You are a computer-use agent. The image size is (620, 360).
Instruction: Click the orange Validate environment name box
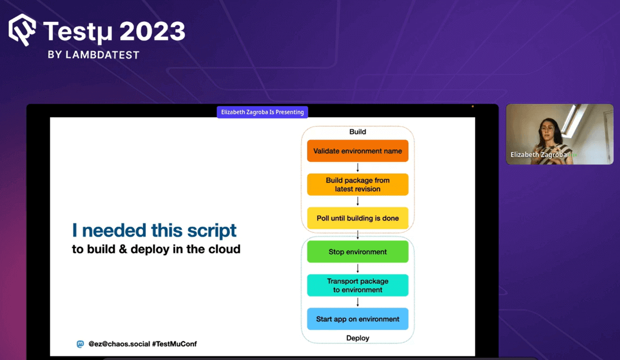click(x=357, y=151)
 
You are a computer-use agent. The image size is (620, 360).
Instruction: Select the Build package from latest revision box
click(x=357, y=184)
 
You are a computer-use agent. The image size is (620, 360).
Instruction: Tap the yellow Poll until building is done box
click(x=357, y=218)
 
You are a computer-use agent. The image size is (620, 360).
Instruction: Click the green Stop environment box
click(x=357, y=252)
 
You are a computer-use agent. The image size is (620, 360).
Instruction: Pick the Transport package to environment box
click(x=357, y=285)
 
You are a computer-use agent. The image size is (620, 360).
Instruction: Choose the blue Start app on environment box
click(x=357, y=319)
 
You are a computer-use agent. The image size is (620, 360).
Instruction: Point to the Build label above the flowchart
click(x=357, y=132)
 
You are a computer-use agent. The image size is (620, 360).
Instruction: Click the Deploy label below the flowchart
click(x=357, y=338)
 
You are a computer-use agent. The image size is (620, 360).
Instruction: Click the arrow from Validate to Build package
click(x=358, y=168)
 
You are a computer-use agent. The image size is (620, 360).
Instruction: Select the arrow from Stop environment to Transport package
click(x=358, y=268)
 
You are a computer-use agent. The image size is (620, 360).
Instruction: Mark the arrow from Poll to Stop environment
click(x=358, y=235)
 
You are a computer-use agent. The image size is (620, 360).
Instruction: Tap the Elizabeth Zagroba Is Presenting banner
click(x=262, y=112)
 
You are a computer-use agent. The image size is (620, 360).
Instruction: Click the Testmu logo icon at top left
click(x=22, y=29)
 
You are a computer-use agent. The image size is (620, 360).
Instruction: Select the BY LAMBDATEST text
click(x=93, y=55)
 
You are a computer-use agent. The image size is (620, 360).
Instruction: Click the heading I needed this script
click(x=154, y=230)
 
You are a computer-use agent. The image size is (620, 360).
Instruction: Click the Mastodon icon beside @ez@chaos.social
click(x=80, y=344)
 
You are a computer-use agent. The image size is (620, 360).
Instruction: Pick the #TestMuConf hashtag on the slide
click(x=174, y=344)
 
